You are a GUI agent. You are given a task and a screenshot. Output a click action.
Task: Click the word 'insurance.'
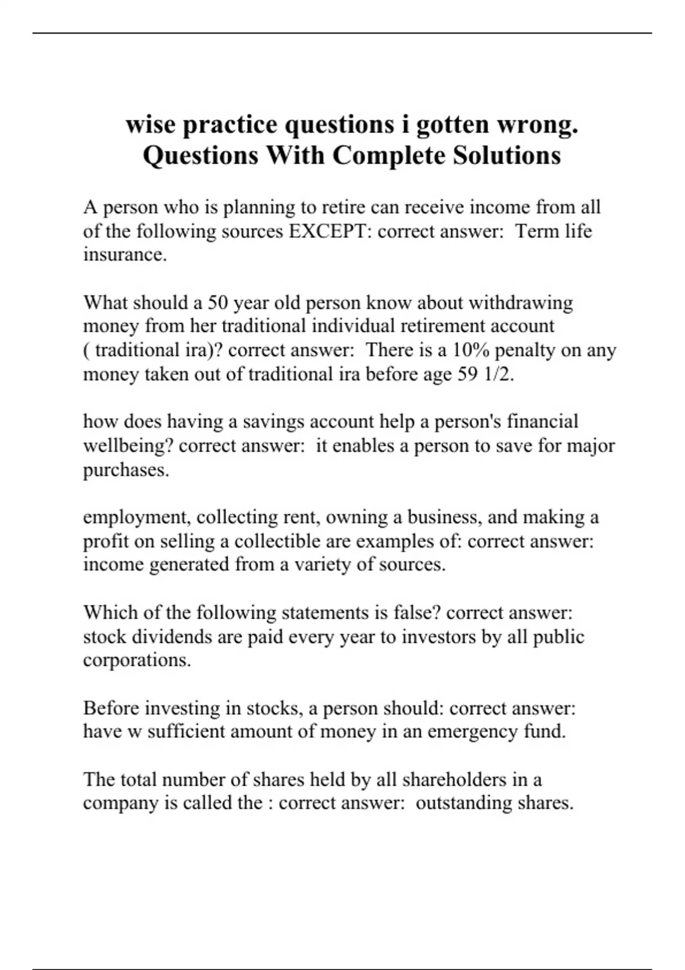[125, 254]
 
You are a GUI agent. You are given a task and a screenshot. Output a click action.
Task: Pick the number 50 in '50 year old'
[217, 302]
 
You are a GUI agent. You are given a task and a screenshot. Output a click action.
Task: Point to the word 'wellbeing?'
[128, 446]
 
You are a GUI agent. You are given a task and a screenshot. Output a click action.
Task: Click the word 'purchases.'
[126, 470]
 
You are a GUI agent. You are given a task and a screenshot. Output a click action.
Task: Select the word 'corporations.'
[137, 660]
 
